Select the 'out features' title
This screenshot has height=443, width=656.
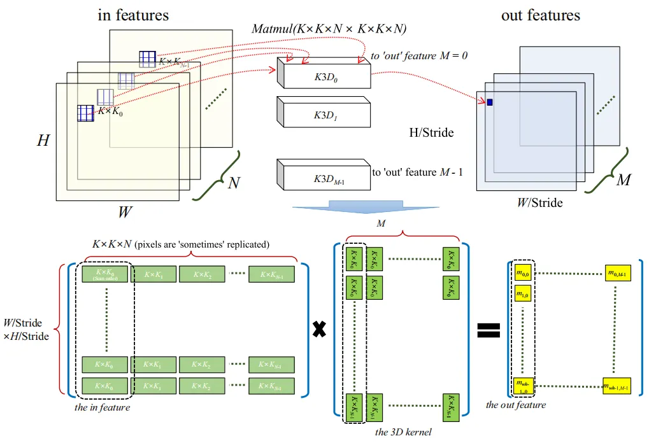(x=541, y=15)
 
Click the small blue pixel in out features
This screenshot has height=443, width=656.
(x=490, y=102)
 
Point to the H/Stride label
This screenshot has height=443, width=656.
(x=432, y=132)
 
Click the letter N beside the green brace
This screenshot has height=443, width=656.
(x=234, y=183)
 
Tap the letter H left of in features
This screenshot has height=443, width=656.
(x=43, y=140)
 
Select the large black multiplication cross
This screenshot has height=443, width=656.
(x=320, y=330)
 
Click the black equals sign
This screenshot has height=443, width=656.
(x=488, y=329)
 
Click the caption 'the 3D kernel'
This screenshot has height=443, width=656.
(x=403, y=432)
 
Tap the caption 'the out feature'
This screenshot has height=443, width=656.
(x=516, y=404)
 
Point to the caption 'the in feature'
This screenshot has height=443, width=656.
(x=102, y=407)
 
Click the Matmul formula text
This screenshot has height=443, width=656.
(x=329, y=29)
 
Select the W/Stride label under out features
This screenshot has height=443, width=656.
(x=539, y=203)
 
